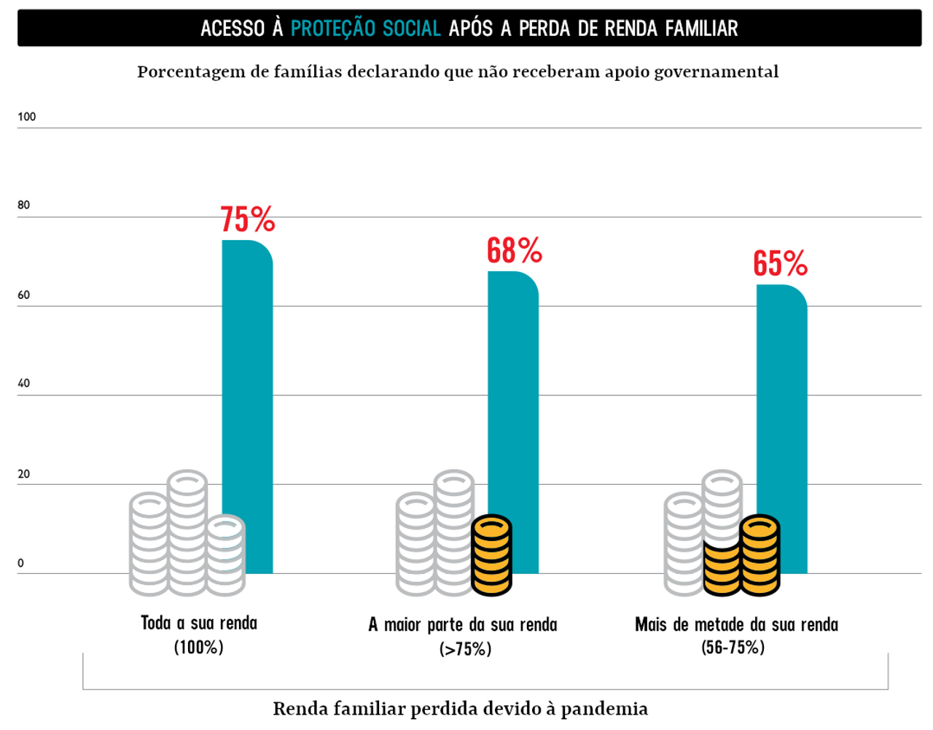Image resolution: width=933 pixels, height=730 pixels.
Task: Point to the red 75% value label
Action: [248, 220]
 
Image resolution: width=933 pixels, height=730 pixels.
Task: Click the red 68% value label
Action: [515, 251]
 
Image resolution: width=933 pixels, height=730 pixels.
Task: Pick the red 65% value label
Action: [780, 263]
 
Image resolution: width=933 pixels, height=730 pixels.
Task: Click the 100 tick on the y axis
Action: [27, 117]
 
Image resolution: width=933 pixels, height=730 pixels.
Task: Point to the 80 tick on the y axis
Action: [24, 205]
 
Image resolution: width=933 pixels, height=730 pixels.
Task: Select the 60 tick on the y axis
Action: [24, 295]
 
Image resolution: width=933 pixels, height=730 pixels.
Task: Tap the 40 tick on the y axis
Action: [24, 384]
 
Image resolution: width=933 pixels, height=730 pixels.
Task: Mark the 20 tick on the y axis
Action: [24, 474]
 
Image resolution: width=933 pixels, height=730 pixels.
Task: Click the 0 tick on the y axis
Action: [20, 563]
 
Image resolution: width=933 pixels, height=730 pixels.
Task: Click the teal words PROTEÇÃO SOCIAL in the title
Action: [366, 28]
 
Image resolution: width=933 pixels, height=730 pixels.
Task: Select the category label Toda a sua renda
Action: [199, 624]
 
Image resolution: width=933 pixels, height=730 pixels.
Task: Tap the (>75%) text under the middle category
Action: [465, 648]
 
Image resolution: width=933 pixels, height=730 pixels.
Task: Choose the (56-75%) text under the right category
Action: [733, 647]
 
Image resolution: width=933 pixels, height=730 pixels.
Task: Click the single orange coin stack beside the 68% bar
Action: [491, 554]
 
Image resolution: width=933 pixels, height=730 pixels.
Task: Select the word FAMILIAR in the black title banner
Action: [701, 28]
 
